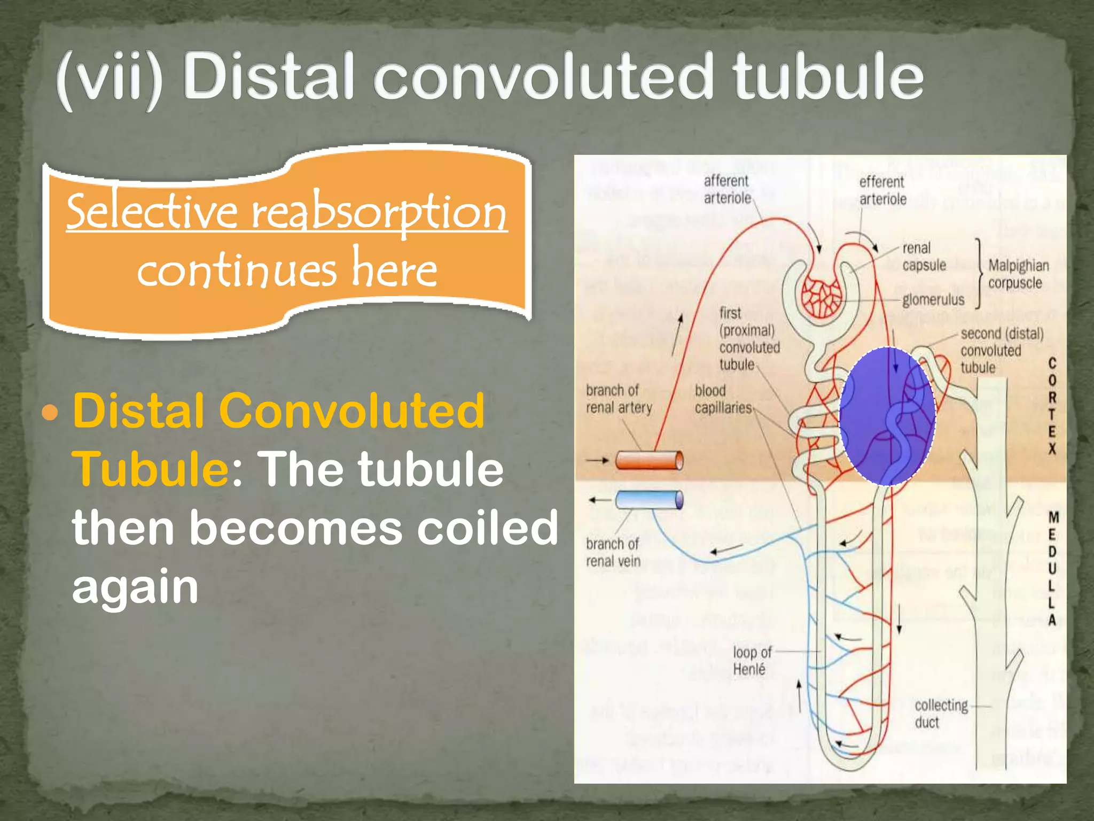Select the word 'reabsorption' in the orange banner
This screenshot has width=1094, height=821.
pos(379,212)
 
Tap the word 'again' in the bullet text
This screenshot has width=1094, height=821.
pos(135,586)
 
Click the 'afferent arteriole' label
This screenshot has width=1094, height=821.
pos(727,190)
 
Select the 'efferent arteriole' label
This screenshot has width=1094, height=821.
pos(882,190)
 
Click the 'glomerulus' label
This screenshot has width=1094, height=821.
pos(933,300)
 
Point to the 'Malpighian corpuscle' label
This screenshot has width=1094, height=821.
pos(1018,274)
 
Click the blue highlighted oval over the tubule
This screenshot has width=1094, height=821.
pos(887,416)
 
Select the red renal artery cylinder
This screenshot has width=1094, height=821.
pos(649,460)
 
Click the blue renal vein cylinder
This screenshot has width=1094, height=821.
pos(649,500)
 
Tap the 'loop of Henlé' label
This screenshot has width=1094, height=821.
pos(752,661)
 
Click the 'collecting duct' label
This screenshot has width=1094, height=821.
pos(941,714)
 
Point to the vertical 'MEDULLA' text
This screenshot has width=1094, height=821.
pos(1053,568)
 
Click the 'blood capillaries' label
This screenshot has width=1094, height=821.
pos(723,399)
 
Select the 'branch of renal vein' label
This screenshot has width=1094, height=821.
pos(613,552)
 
